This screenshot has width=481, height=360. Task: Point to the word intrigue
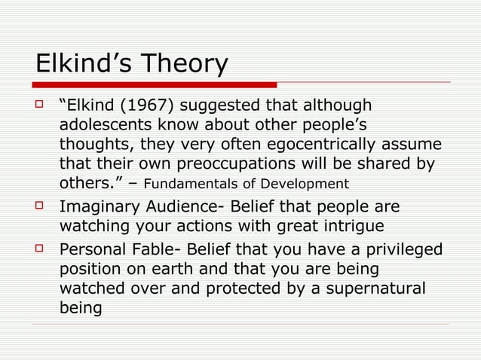tap(351, 226)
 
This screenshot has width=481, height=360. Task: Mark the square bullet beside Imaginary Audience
tap(43, 206)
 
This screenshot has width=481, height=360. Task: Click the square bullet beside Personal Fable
tap(43, 249)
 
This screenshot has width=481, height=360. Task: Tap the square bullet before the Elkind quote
tap(43, 104)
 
